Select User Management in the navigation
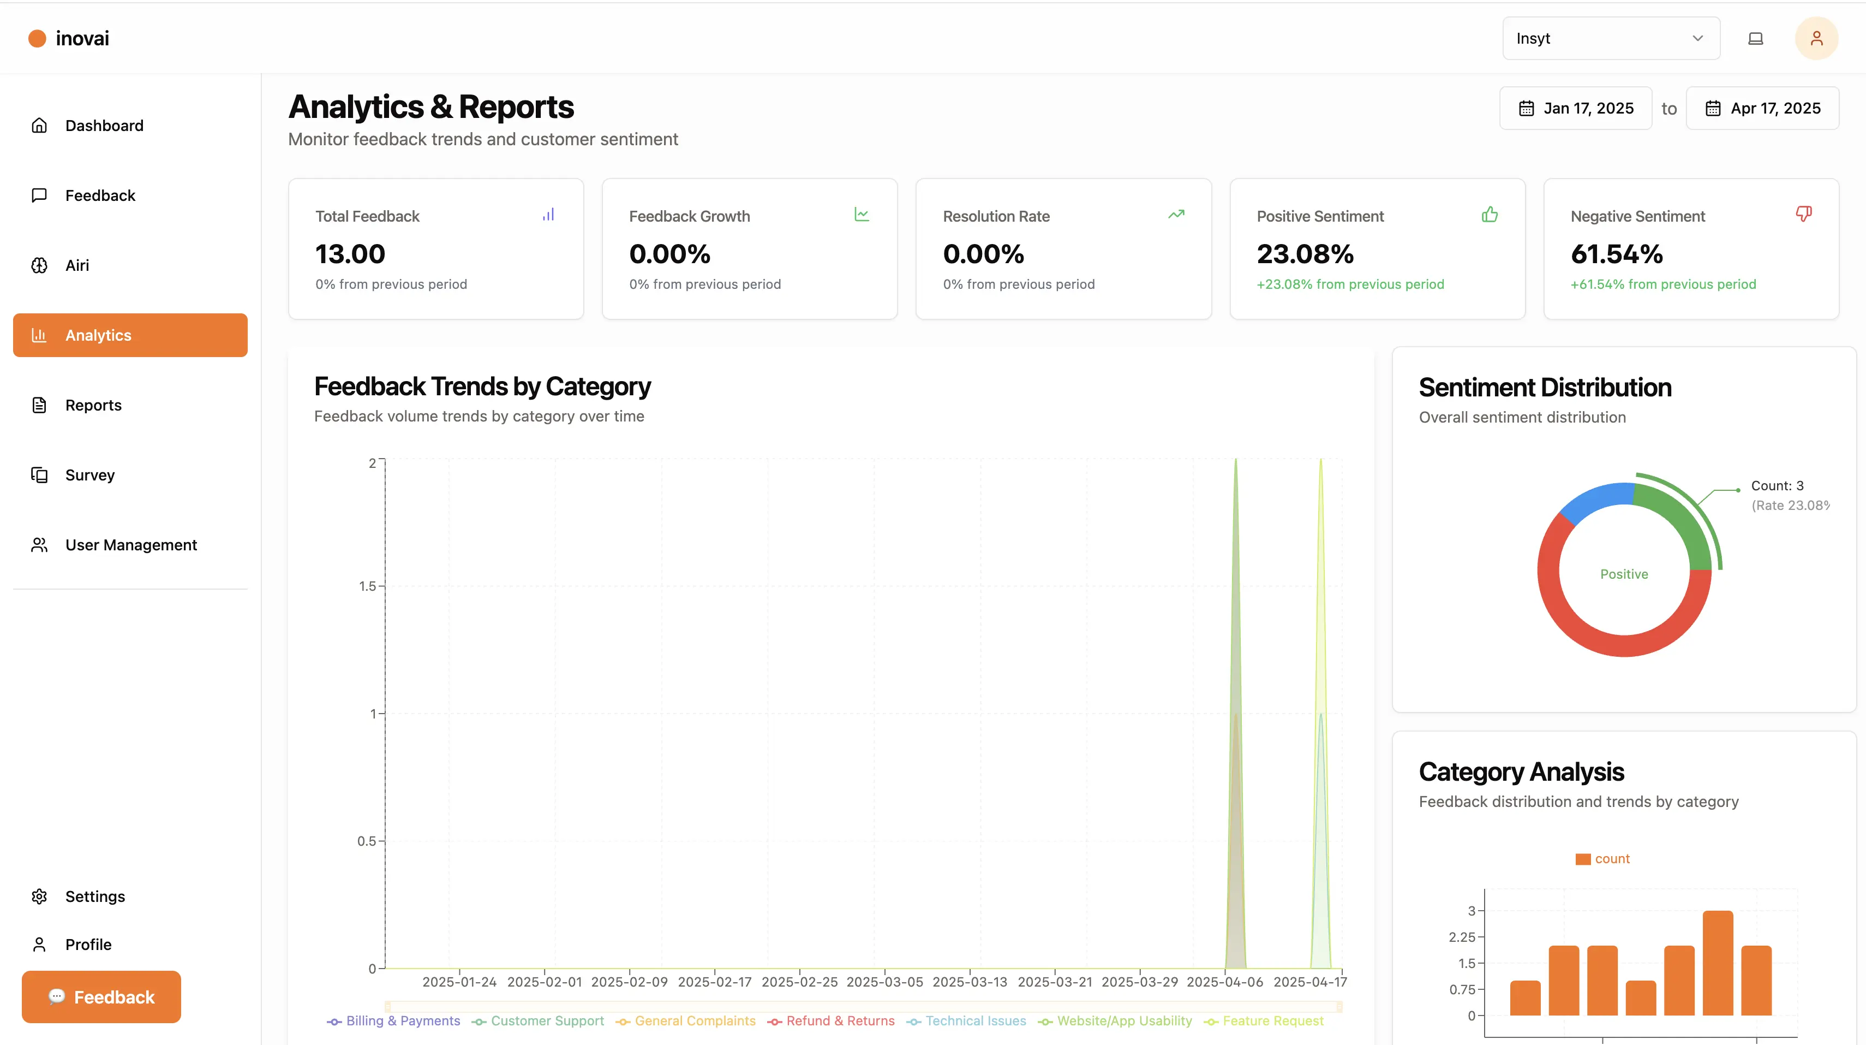click(x=130, y=545)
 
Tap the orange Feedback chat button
click(x=101, y=997)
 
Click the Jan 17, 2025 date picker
click(x=1576, y=109)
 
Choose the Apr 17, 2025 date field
click(x=1762, y=109)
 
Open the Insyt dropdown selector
click(x=1611, y=38)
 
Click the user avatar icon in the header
click(x=1816, y=38)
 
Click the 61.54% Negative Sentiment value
click(x=1617, y=254)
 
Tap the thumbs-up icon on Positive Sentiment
click(x=1490, y=215)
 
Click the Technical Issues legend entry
click(x=975, y=1021)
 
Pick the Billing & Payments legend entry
click(x=403, y=1021)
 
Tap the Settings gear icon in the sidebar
click(x=39, y=896)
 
